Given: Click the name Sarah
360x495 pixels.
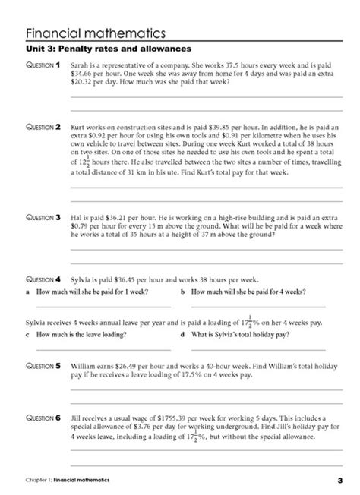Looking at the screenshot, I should (79, 67).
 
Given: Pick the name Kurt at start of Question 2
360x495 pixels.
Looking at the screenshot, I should (78, 127).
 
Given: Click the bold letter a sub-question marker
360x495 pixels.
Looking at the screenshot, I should (27, 292).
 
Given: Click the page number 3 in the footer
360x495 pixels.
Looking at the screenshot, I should (340, 480).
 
